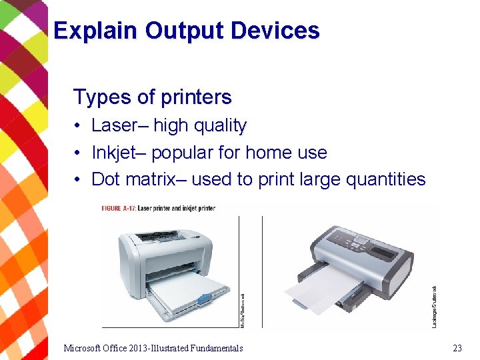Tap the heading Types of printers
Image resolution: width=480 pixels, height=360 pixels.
click(x=152, y=97)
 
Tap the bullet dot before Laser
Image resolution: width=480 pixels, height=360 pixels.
click(x=78, y=126)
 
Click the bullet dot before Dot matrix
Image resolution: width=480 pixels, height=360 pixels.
click(x=78, y=180)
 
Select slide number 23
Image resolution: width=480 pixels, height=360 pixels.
click(x=457, y=348)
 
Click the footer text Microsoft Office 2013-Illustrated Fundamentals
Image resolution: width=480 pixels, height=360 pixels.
click(x=153, y=348)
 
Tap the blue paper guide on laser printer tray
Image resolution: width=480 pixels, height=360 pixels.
click(x=203, y=297)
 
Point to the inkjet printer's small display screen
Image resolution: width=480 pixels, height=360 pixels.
click(x=362, y=239)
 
